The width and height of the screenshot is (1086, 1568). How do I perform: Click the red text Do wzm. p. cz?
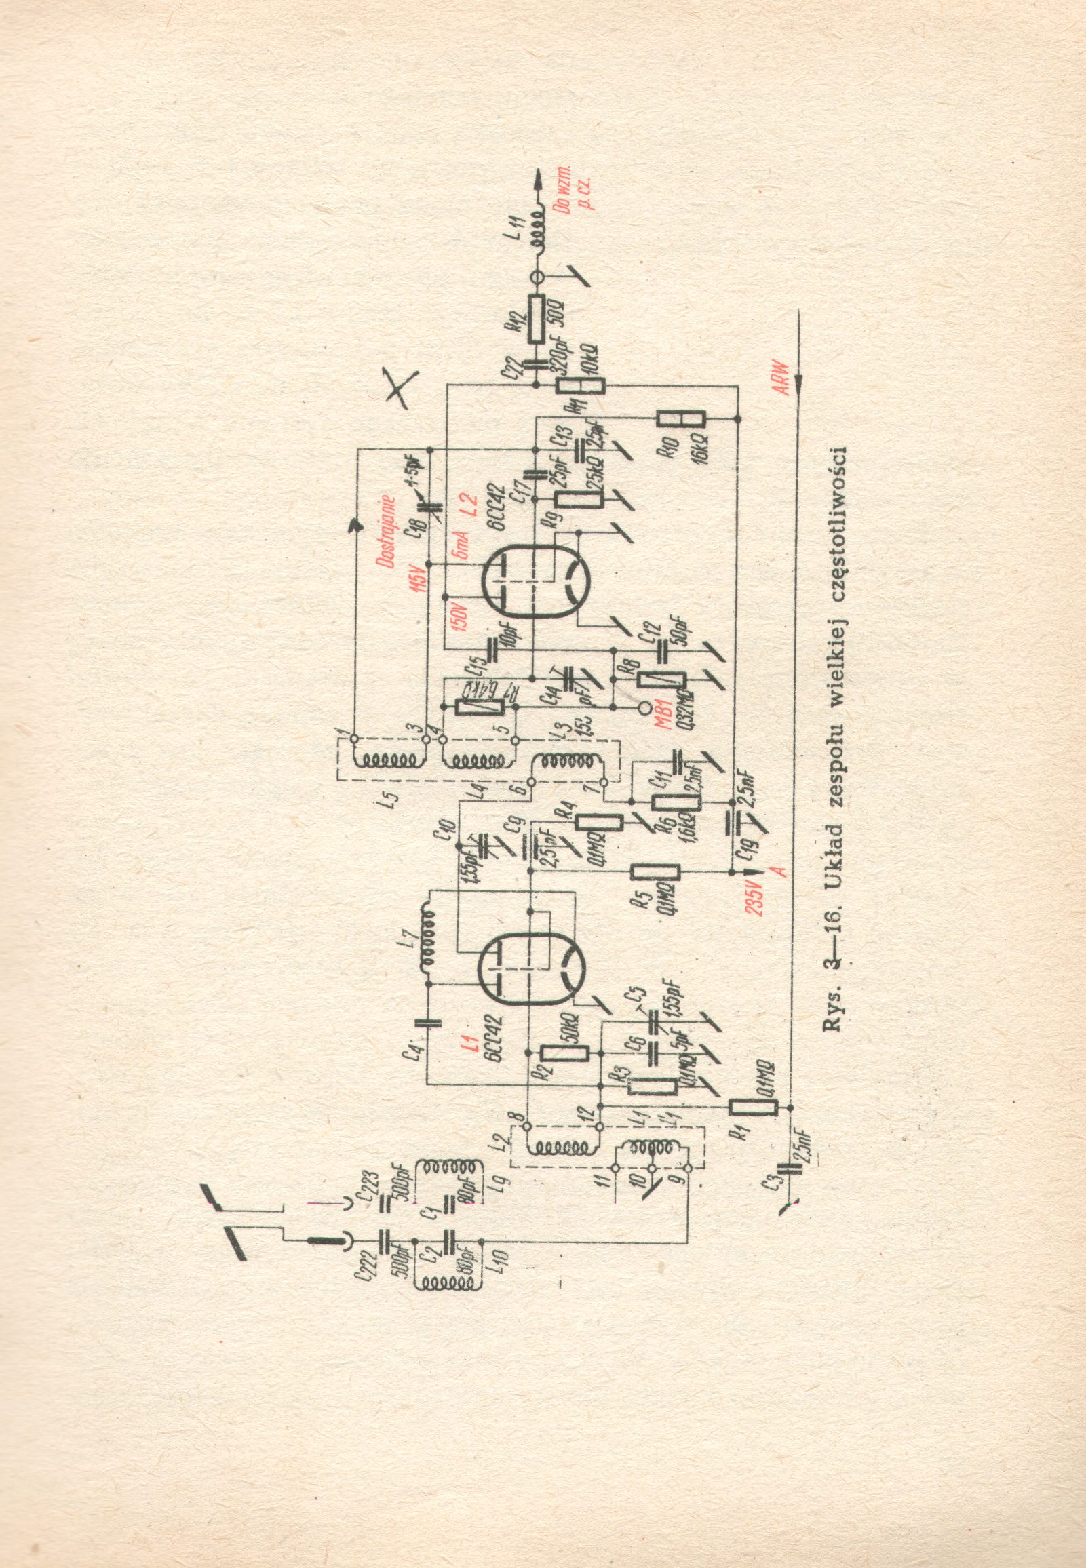click(x=573, y=195)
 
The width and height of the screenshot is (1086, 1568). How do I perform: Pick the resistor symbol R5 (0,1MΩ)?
click(x=656, y=874)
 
